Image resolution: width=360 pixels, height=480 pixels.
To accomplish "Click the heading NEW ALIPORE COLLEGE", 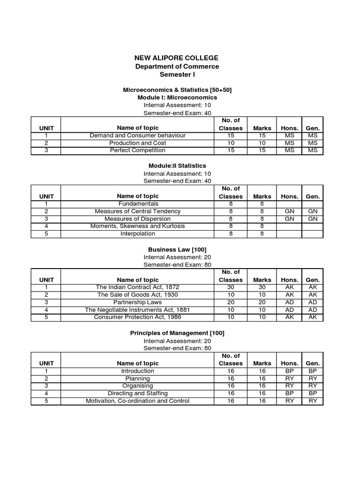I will pos(177,58).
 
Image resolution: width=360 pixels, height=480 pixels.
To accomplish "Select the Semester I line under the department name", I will pos(177,75).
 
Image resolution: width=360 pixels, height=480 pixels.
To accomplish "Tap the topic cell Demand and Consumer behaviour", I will pos(137,135).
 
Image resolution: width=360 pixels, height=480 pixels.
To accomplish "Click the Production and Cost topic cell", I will pos(137,143).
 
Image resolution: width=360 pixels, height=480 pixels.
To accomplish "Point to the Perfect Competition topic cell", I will pos(137,150).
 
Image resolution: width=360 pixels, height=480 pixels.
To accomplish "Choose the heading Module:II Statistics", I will pos(177,165).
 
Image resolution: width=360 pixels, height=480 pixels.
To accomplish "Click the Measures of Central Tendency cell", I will pos(137,211).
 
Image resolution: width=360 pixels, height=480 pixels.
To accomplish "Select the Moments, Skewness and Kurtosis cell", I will pos(137,226).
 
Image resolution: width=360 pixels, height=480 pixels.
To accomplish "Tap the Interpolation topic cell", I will pos(137,234).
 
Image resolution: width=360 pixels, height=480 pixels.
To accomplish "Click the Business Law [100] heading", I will pos(177,249).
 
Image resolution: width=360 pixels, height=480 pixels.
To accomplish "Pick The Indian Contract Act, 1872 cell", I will pos(137,287).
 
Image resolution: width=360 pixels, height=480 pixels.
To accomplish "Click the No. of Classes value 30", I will pos(231,287).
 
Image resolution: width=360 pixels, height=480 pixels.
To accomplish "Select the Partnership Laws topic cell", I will pos(137,302).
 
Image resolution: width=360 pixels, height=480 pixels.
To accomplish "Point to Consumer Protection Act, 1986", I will pos(137,317).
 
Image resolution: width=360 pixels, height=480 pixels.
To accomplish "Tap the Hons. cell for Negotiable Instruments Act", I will pos(289,310).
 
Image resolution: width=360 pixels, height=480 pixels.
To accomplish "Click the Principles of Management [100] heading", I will pos(177,333).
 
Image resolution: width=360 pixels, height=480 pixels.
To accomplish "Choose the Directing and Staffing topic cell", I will pos(137,393).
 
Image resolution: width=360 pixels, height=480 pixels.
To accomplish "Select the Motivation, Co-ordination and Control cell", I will pos(137,401).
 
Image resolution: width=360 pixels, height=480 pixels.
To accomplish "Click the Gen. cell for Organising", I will pos(313,386).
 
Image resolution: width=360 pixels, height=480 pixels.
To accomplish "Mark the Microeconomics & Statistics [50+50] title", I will pos(177,90).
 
